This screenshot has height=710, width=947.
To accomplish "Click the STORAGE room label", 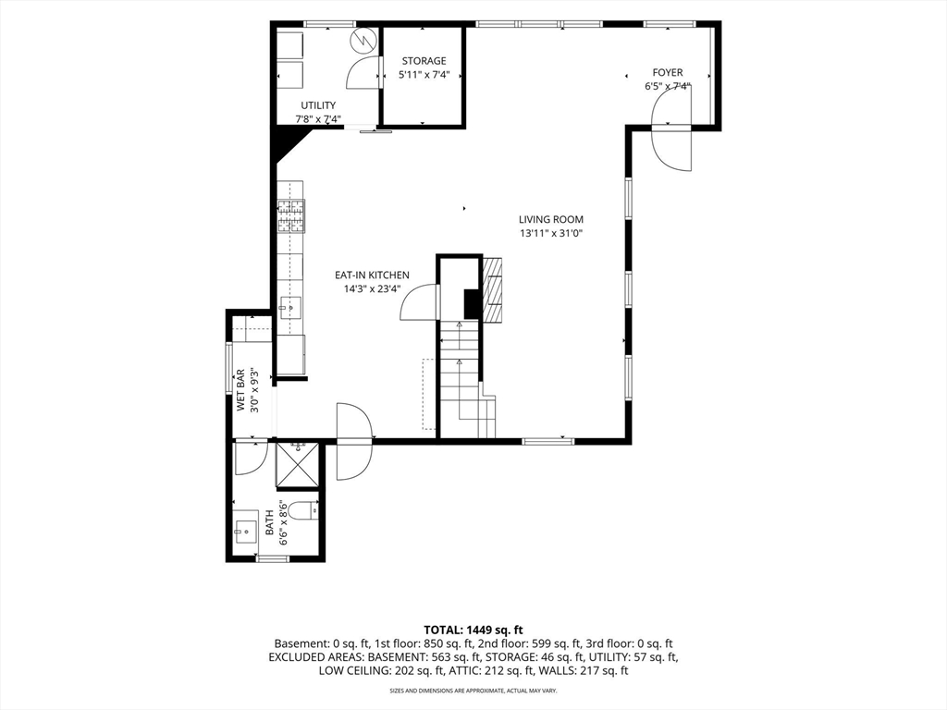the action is (x=424, y=61).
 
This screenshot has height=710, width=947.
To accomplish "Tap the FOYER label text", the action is (x=668, y=72).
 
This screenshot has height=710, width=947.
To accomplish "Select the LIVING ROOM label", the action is (x=551, y=220).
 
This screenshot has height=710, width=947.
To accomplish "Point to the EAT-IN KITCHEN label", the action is (x=372, y=275).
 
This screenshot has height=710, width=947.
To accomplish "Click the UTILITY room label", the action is (x=318, y=105).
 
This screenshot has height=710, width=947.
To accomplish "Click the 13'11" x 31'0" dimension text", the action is (x=551, y=234).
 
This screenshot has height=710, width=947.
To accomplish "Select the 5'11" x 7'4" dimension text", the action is (x=424, y=76).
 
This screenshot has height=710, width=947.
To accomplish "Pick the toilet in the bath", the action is (x=303, y=510).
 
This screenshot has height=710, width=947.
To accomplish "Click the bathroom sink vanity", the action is (x=246, y=532).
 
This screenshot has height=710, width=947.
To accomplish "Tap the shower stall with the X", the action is (x=297, y=465).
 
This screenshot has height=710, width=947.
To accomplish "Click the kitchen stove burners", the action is (x=291, y=216).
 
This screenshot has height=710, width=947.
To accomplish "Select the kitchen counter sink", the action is (x=290, y=308).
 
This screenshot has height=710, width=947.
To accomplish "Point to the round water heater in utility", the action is (x=364, y=40).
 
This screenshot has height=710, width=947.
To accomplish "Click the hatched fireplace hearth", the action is (x=492, y=289).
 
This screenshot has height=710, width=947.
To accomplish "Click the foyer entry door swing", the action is (x=671, y=128).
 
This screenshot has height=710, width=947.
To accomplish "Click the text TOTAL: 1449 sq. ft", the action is (x=473, y=630).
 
